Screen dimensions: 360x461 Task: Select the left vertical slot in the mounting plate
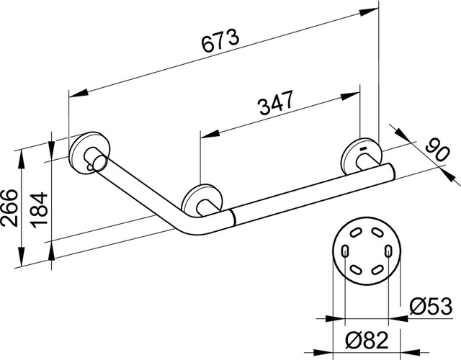346,252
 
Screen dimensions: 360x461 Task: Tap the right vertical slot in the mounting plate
389,252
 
